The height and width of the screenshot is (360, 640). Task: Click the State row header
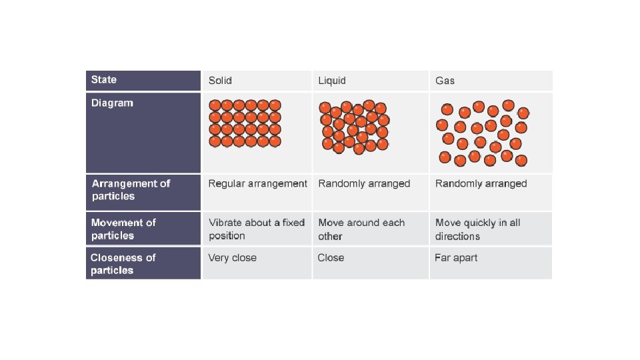click(104, 80)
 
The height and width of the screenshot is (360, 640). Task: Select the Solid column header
click(220, 81)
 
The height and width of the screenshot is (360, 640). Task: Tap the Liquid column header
click(332, 81)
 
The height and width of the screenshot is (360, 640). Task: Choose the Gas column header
click(445, 81)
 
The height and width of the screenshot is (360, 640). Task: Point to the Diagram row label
click(112, 103)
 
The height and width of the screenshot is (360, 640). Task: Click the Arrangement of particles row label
click(131, 190)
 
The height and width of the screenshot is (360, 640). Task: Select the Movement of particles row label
click(123, 229)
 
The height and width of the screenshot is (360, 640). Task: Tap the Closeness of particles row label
click(123, 264)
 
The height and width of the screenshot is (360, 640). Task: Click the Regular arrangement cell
click(257, 183)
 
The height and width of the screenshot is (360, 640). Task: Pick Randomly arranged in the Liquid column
click(364, 183)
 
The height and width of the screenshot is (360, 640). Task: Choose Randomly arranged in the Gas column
click(481, 183)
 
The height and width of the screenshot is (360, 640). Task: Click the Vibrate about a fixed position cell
click(256, 229)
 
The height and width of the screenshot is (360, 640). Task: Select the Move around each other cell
click(361, 229)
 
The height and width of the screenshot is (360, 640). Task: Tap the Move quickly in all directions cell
click(477, 229)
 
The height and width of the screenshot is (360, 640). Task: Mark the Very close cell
click(232, 258)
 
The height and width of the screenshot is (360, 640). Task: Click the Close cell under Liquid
click(331, 258)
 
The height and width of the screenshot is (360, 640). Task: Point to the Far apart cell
click(456, 258)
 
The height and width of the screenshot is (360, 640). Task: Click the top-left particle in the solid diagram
click(215, 105)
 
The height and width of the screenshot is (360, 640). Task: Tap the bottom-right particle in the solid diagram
click(275, 141)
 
